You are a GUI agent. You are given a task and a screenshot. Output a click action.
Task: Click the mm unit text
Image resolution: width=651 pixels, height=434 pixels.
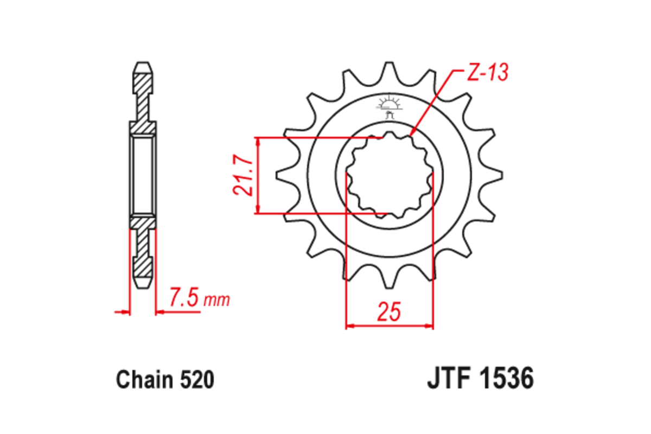(x=217, y=299)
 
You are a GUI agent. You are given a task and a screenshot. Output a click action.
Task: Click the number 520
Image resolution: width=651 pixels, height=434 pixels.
(x=196, y=380)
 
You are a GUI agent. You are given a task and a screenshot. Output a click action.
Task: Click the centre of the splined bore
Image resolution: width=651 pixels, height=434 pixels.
(x=390, y=175)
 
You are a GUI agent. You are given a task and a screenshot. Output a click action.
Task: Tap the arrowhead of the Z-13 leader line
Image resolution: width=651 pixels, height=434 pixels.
(x=412, y=132)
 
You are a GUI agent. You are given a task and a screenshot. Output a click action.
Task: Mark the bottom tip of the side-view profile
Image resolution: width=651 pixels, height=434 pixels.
(x=143, y=286)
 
